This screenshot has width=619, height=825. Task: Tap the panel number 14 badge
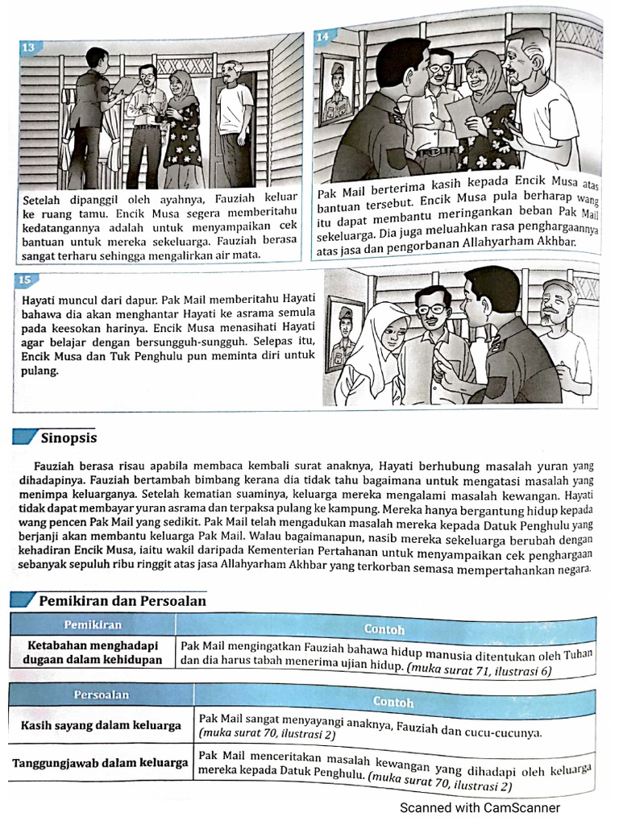point(322,37)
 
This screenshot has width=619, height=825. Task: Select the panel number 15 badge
point(24,280)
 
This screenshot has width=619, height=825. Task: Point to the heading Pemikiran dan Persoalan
point(123,601)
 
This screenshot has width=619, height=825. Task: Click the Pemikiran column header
point(93,625)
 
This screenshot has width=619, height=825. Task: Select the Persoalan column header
point(101,694)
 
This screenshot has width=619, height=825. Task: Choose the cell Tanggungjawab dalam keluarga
point(100,762)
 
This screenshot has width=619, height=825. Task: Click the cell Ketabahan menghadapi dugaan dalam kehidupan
point(93,652)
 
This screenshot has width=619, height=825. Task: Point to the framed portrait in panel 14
point(337,90)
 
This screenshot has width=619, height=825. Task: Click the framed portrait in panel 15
point(345,333)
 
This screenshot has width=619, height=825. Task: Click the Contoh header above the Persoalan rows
point(394,702)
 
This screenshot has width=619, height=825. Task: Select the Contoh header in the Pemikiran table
point(384,628)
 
